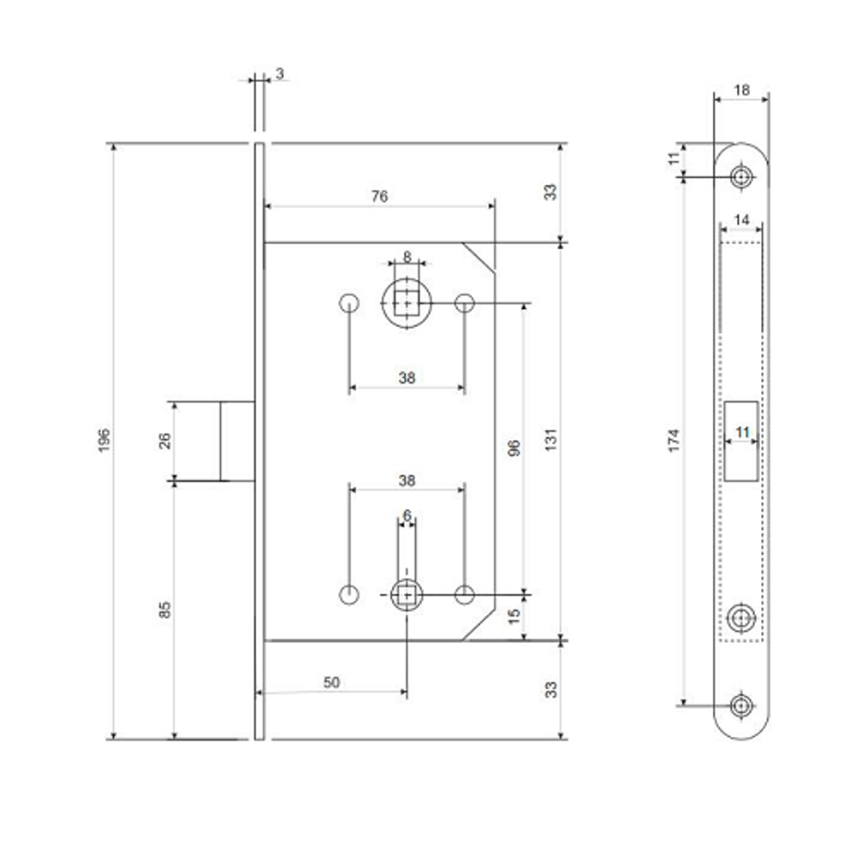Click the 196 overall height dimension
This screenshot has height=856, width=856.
click(x=104, y=440)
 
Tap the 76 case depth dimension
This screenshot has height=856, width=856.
click(x=379, y=196)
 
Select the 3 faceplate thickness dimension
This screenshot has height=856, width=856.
click(x=280, y=74)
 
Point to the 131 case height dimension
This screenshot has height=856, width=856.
click(x=550, y=440)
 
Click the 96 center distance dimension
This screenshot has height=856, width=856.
click(x=514, y=449)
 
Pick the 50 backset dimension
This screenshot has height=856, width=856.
click(x=331, y=682)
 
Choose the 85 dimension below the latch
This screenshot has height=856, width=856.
click(x=164, y=609)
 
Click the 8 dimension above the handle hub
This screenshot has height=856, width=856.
click(x=407, y=256)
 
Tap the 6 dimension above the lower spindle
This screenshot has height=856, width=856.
click(x=407, y=515)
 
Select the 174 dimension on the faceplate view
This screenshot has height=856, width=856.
click(x=675, y=441)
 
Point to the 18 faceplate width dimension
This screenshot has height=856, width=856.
click(x=741, y=90)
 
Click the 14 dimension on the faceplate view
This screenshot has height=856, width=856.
click(x=741, y=220)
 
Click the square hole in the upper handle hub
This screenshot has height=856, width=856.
click(x=407, y=303)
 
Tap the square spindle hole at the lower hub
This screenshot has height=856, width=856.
click(x=407, y=595)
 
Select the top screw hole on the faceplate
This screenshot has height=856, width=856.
click(x=741, y=177)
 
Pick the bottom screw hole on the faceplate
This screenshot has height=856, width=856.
click(x=741, y=705)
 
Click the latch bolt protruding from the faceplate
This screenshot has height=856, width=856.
click(x=237, y=441)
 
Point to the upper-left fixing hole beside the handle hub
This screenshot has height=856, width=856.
click(x=349, y=303)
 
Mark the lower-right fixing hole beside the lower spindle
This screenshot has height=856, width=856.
click(x=465, y=595)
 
